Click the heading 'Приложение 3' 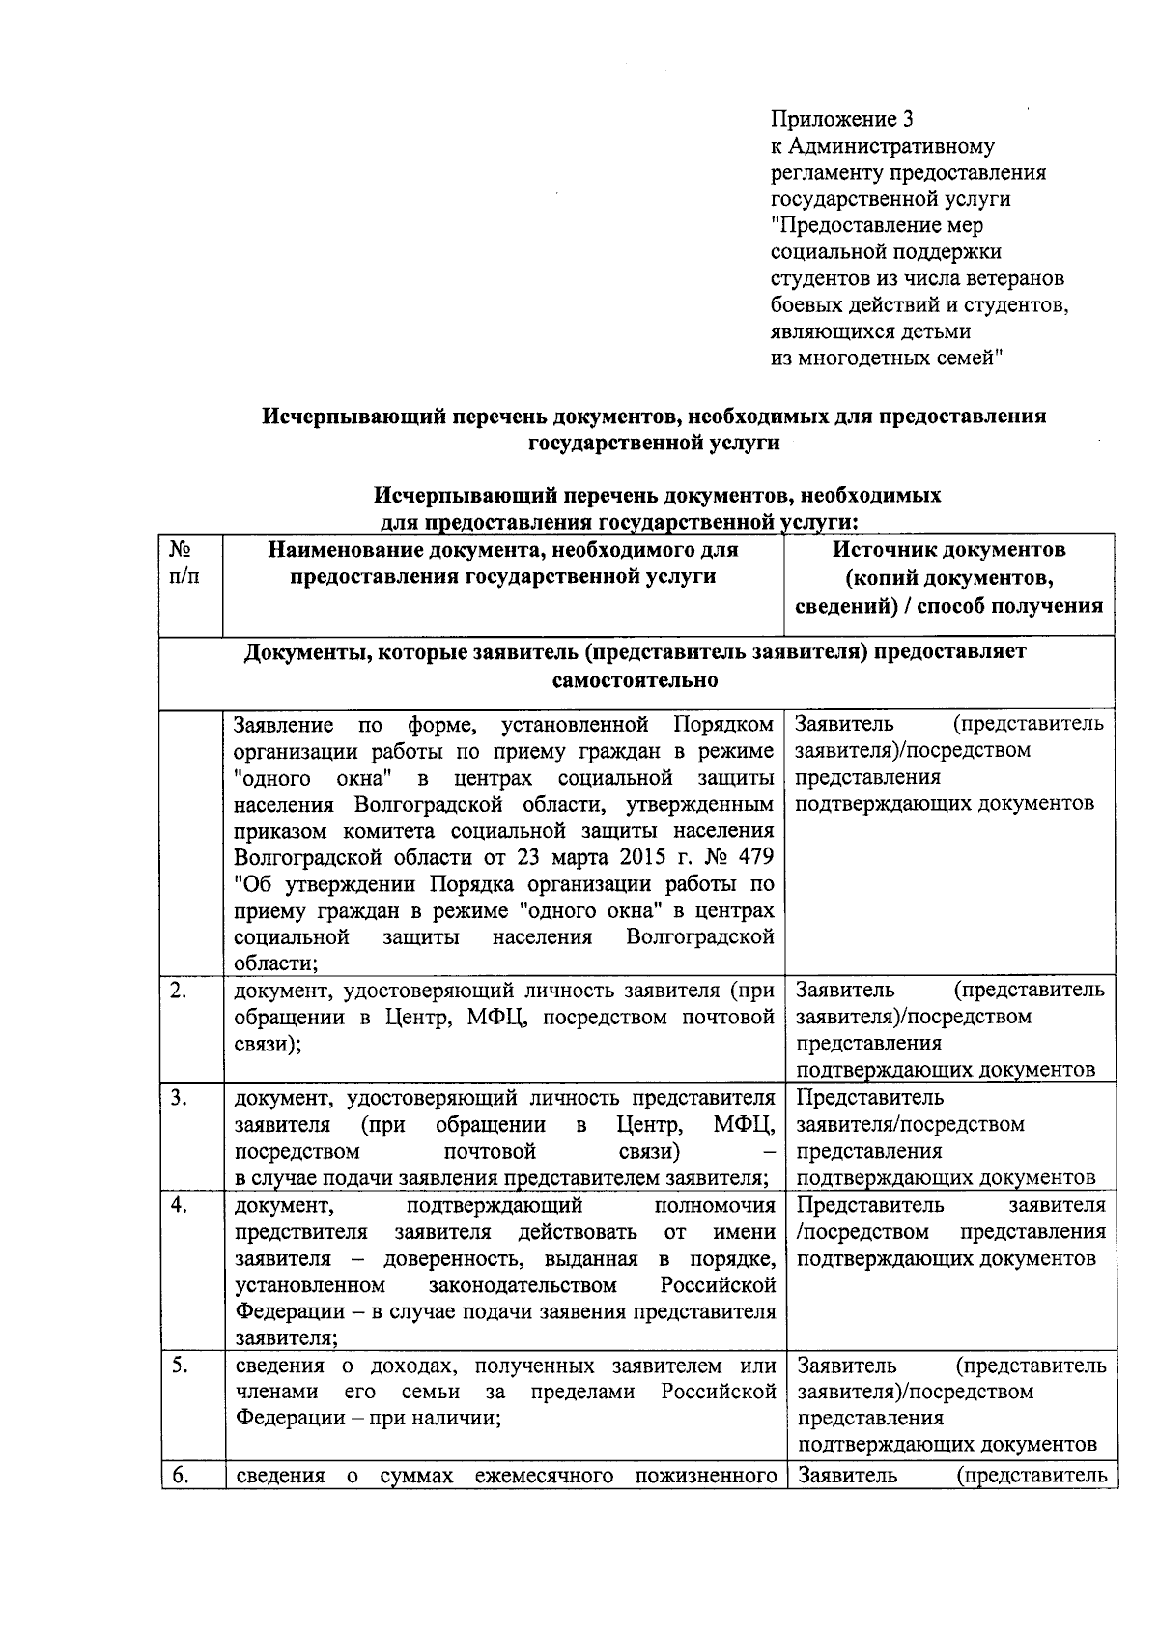(x=841, y=120)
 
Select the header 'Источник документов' (x=948, y=550)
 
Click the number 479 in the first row (x=754, y=858)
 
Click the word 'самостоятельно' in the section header (x=635, y=680)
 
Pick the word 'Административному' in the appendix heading (x=891, y=147)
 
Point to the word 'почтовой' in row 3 (x=490, y=1152)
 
